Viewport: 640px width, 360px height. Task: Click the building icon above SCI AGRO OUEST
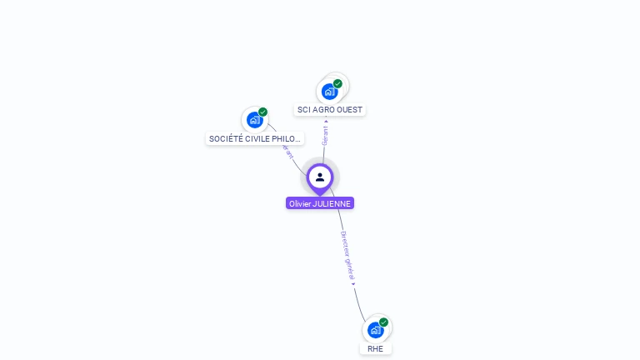point(329,92)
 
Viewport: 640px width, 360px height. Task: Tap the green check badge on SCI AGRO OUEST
point(337,83)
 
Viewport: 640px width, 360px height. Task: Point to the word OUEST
point(349,110)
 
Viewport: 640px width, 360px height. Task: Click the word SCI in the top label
point(304,110)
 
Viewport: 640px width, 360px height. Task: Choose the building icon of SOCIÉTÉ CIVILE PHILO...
point(254,120)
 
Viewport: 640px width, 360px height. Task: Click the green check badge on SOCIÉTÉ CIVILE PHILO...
point(262,112)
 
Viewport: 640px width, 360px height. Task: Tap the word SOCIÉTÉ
point(226,138)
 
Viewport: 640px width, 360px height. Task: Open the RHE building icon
point(375,330)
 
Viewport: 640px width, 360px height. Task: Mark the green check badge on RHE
point(383,322)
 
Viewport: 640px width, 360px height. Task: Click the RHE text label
point(375,348)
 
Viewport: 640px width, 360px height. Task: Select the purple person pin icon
point(320,177)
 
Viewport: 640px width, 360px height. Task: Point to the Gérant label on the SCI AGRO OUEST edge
point(325,135)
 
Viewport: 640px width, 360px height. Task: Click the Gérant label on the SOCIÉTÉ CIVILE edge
point(287,152)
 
